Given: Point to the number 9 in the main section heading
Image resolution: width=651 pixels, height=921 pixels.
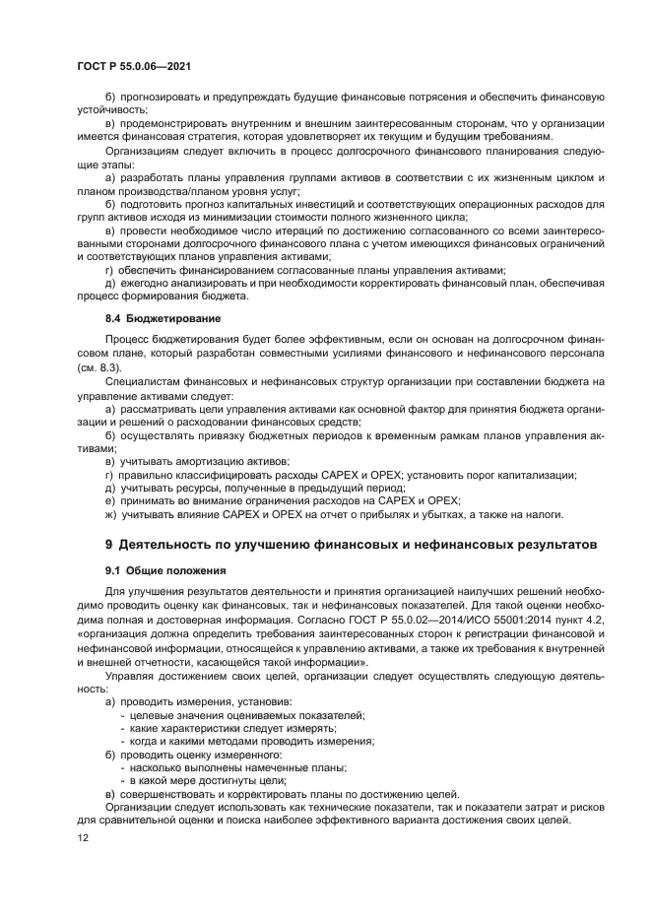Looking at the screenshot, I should pyautogui.click(x=109, y=544).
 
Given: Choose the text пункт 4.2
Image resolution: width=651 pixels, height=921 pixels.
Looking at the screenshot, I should pyautogui.click(x=581, y=617).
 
